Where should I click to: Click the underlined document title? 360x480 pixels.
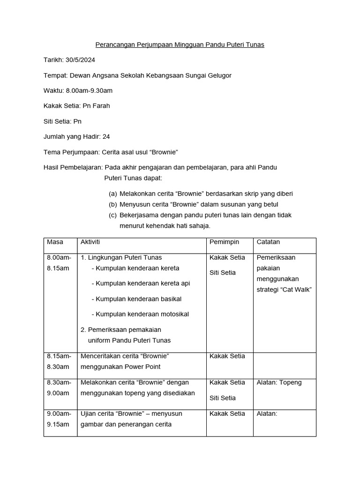coord(180,45)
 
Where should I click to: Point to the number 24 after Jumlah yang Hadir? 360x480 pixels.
coord(106,136)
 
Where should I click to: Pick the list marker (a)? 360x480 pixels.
coord(112,194)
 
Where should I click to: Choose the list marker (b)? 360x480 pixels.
coord(112,204)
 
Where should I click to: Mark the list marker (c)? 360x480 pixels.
coord(112,215)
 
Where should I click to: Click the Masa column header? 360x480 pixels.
coord(55,242)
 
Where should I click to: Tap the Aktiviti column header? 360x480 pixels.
coord(90,242)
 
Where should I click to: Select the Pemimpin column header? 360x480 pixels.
coord(224,242)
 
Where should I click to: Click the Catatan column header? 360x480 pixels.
coord(269,242)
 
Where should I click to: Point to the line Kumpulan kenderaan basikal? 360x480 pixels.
coord(136,299)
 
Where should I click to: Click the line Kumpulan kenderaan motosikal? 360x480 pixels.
coord(140,314)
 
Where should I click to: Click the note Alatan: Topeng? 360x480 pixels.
coord(279,382)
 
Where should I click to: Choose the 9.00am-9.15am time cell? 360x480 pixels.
coord(59,419)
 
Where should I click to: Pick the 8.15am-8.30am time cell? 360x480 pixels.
coord(59,361)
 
